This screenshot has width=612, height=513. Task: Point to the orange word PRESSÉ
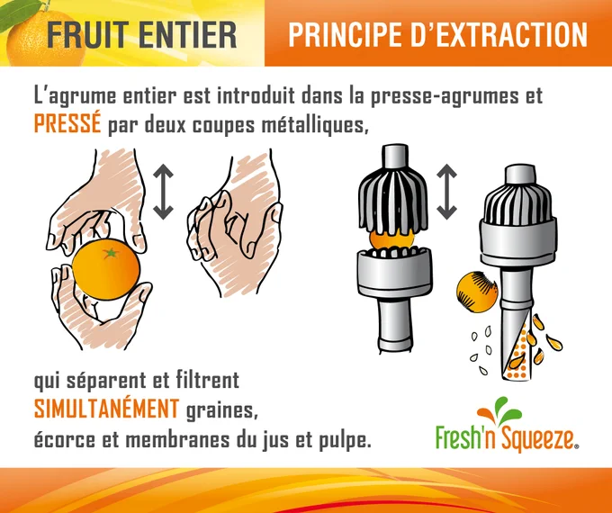[x=67, y=124]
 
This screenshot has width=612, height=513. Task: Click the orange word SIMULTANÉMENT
[x=106, y=409]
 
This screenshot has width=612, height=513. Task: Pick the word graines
[x=221, y=410]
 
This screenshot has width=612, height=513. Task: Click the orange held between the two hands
[x=106, y=269]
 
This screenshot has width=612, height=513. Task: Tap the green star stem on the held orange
[x=112, y=253]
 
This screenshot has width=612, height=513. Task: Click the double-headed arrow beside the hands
[x=163, y=192]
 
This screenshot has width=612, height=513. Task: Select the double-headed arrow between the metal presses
[x=446, y=192]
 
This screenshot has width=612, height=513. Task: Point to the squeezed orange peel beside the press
[x=477, y=292]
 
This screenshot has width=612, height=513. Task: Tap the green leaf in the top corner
[x=21, y=13]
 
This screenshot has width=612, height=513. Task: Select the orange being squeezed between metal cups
[x=391, y=238]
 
